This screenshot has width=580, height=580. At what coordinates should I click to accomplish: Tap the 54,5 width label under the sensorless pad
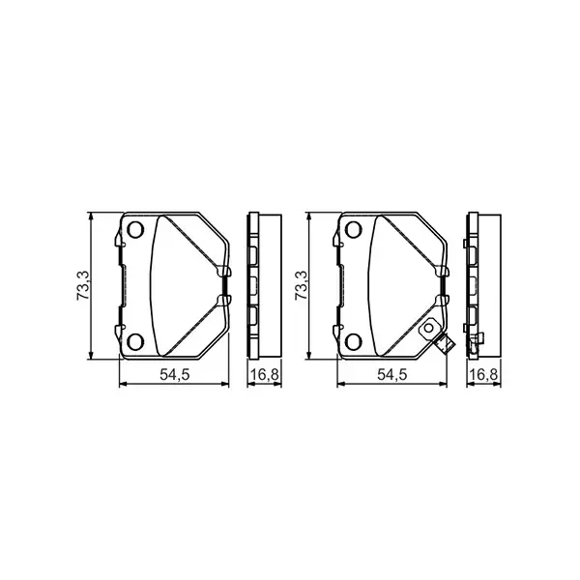[173, 374]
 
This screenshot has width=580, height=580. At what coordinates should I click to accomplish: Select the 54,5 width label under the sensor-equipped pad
[391, 374]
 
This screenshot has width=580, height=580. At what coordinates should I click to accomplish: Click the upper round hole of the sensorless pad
[135, 230]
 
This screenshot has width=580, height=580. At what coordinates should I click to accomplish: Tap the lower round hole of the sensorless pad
[135, 340]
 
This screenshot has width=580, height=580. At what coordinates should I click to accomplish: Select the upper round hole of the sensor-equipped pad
[353, 230]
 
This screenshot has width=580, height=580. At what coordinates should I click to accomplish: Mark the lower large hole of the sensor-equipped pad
[353, 340]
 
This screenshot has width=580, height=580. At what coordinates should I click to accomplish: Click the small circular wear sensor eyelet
[426, 329]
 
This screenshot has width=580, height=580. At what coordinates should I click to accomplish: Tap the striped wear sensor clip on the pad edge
[445, 347]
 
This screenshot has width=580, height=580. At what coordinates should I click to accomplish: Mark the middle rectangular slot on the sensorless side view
[254, 286]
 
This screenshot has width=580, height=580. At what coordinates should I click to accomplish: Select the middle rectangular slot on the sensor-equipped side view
[473, 286]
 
